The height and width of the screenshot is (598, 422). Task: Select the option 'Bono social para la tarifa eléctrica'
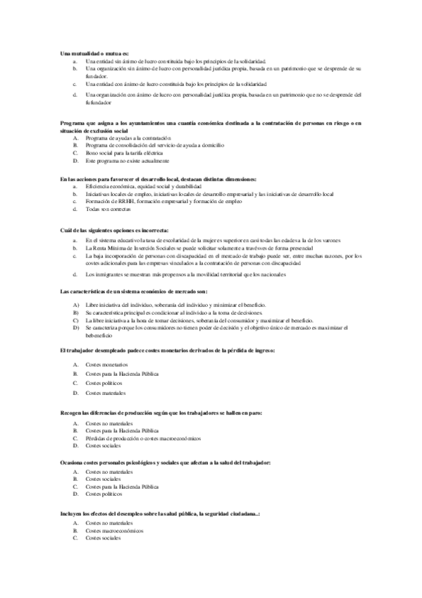point(124,152)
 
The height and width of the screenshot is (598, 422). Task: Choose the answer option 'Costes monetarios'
point(106,364)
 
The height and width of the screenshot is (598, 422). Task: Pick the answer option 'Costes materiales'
point(106,392)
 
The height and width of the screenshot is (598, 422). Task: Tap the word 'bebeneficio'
point(99,335)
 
